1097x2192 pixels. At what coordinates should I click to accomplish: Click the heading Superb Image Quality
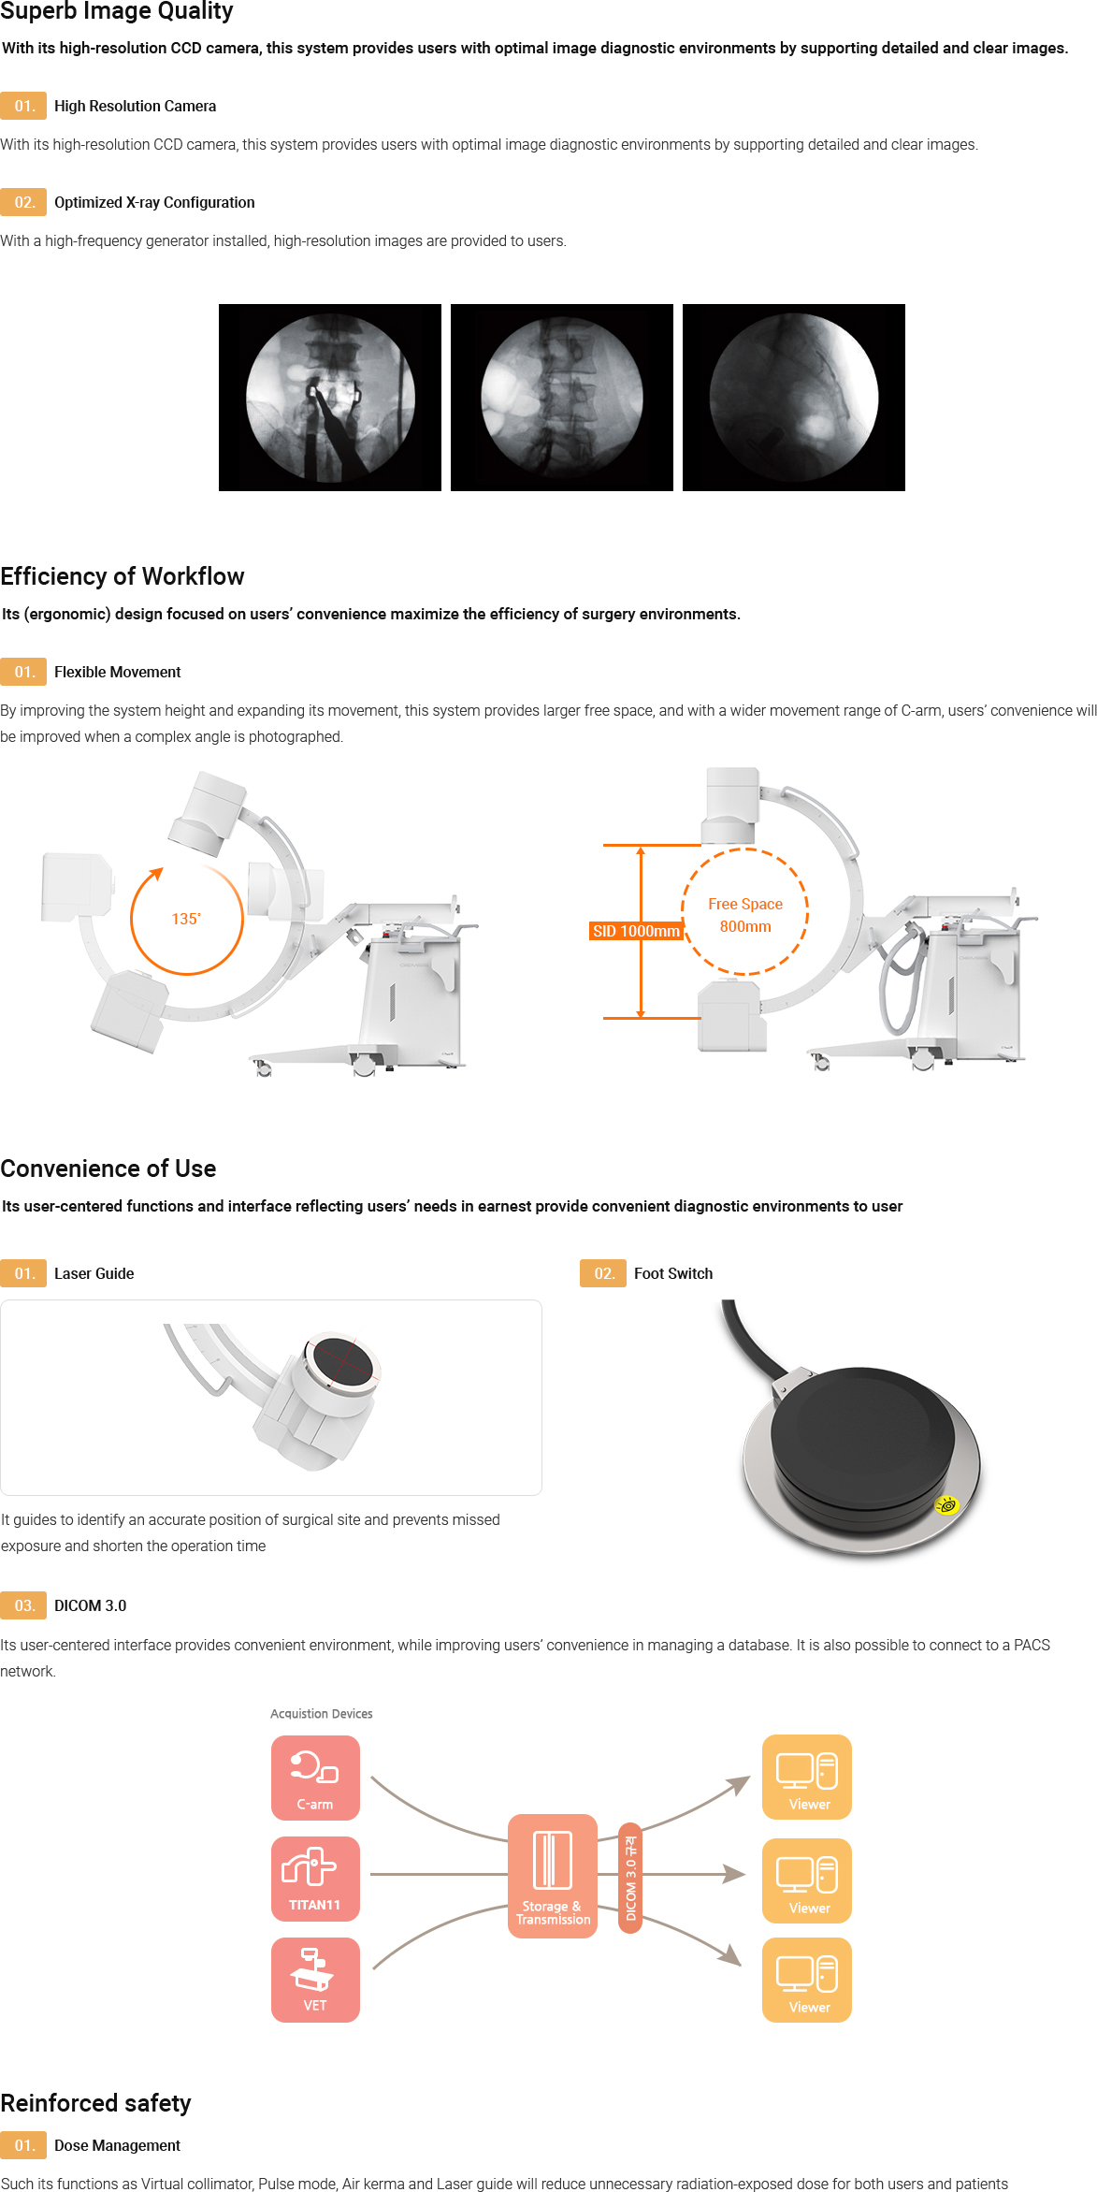(x=117, y=11)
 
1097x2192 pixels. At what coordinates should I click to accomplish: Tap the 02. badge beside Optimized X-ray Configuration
(x=23, y=202)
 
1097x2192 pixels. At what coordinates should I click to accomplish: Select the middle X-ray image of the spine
(x=562, y=398)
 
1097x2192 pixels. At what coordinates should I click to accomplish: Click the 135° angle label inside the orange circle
(x=186, y=919)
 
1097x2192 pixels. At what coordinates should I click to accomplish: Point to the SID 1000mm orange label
(x=636, y=931)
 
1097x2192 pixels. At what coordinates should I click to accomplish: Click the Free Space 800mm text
(x=745, y=915)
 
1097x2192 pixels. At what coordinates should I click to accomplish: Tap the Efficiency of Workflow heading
(x=123, y=576)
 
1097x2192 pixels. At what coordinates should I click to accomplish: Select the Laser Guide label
(x=94, y=1273)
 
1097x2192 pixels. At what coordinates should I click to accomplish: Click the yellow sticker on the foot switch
(x=947, y=1505)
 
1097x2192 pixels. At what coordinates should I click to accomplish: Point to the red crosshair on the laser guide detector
(x=343, y=1361)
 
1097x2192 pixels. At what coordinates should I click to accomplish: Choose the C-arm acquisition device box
(x=315, y=1778)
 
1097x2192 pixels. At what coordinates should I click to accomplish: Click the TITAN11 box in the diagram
(x=315, y=1879)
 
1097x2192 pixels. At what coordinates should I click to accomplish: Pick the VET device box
(x=315, y=1980)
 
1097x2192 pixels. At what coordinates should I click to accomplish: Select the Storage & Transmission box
(x=553, y=1876)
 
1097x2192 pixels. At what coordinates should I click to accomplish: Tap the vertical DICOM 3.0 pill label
(x=631, y=1878)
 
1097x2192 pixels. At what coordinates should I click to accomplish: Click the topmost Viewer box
(x=807, y=1777)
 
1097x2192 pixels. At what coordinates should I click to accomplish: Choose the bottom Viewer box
(x=807, y=1980)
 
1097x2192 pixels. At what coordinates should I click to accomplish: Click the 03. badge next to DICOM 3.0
(x=23, y=1605)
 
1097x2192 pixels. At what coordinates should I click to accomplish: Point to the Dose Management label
(x=117, y=2145)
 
